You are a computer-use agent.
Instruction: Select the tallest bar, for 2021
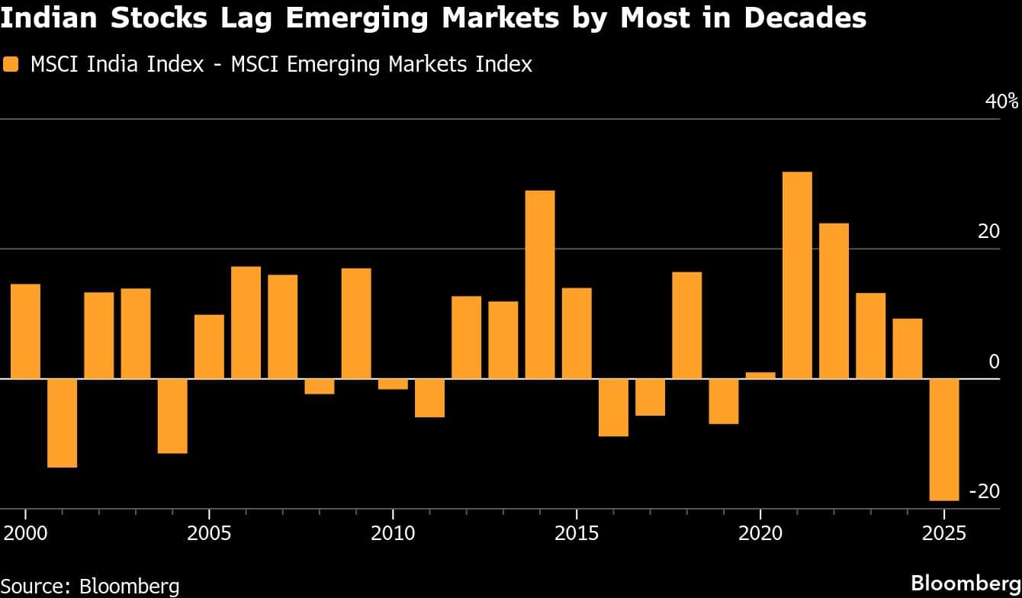(x=797, y=275)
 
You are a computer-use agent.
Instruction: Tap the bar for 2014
(x=540, y=285)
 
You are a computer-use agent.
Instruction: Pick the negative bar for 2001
(x=63, y=423)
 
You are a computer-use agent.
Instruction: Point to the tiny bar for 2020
(x=760, y=375)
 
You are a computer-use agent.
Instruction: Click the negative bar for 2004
(x=172, y=416)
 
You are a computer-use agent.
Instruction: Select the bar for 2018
(x=686, y=325)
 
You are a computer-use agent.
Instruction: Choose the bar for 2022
(x=834, y=301)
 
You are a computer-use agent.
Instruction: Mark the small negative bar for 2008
(x=320, y=386)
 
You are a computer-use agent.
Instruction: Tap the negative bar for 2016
(x=613, y=407)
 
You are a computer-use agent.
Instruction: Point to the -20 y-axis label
(x=983, y=491)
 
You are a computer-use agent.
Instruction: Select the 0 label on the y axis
(x=994, y=362)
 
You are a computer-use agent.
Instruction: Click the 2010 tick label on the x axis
(x=393, y=532)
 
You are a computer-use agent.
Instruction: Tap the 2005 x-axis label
(x=209, y=532)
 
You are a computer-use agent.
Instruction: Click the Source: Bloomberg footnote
(x=90, y=586)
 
